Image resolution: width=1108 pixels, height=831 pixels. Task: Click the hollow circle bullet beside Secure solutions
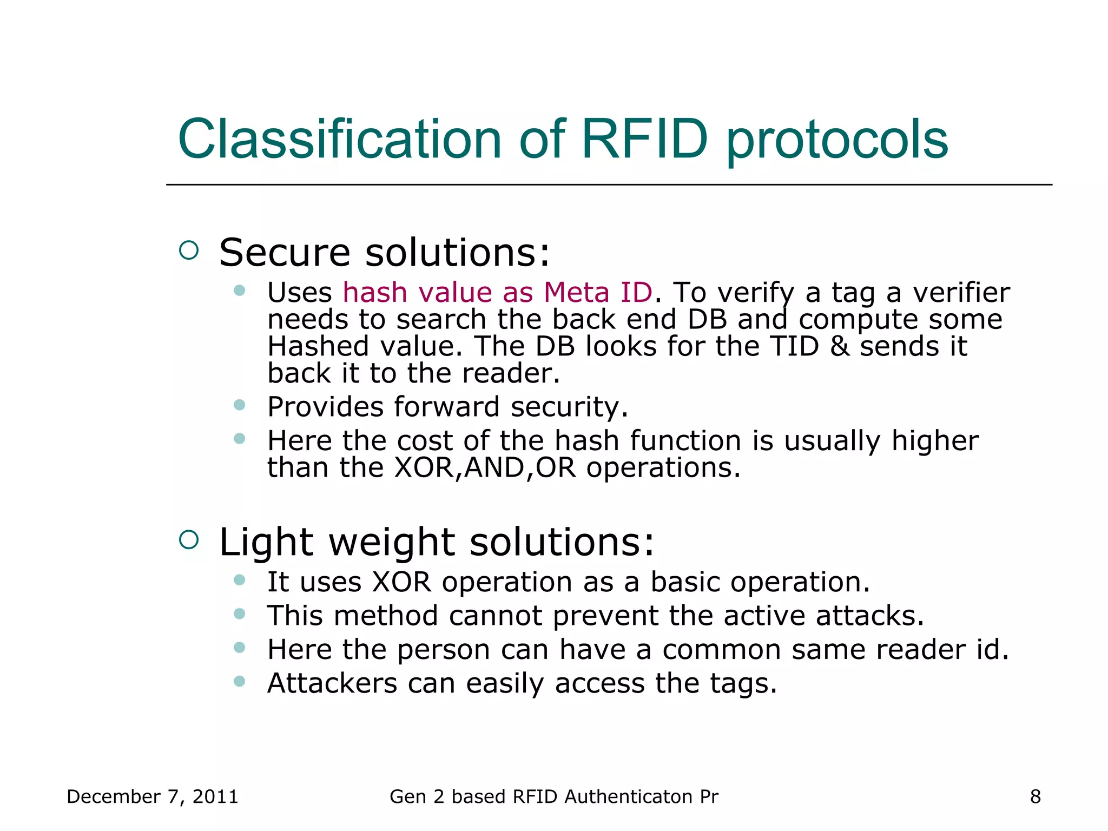(x=189, y=250)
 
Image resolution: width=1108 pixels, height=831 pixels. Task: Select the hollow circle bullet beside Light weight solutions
(x=189, y=539)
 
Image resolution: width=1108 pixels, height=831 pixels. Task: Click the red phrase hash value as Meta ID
(x=497, y=293)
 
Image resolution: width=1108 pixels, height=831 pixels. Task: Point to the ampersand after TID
(x=839, y=346)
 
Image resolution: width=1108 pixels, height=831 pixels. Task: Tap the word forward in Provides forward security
(x=446, y=407)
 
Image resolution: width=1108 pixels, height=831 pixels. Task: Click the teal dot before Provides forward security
(x=240, y=405)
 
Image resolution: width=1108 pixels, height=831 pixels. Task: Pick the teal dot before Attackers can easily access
(x=240, y=681)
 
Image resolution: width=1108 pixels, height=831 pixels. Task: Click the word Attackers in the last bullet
(x=332, y=683)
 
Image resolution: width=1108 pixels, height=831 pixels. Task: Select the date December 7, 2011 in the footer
(x=152, y=797)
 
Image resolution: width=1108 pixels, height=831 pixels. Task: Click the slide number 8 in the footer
(x=1035, y=797)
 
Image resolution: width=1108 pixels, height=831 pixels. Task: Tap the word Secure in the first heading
(x=285, y=253)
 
